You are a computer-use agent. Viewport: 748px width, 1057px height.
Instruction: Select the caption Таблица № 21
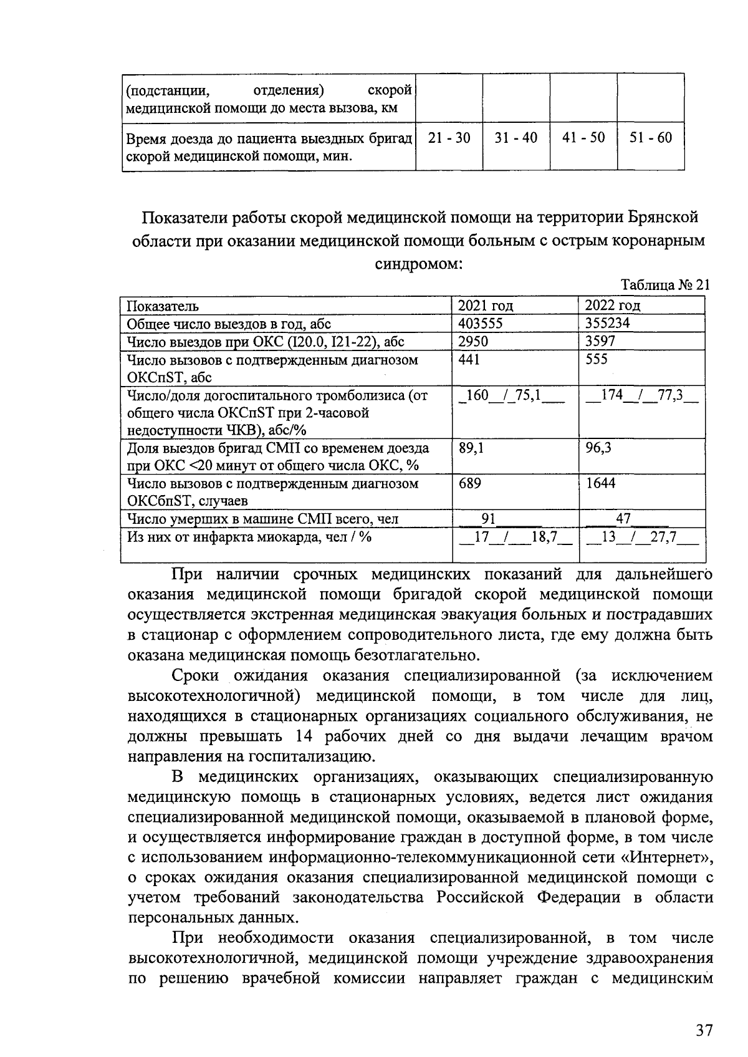[x=666, y=285]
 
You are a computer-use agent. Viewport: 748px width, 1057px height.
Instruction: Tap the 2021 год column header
[x=486, y=306]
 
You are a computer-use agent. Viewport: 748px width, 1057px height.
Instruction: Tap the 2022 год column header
[x=613, y=306]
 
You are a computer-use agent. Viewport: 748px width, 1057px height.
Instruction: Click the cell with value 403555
[x=481, y=323]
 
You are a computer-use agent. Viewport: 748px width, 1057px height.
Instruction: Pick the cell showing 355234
[x=608, y=323]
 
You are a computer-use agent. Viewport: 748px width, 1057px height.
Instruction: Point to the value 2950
[x=473, y=341]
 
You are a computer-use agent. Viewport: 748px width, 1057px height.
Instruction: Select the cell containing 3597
[x=600, y=341]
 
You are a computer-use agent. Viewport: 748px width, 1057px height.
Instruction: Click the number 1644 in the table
[x=600, y=483]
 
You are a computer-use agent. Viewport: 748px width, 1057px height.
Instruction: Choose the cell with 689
[x=469, y=483]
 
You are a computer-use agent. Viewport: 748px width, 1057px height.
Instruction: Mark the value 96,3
[x=598, y=448]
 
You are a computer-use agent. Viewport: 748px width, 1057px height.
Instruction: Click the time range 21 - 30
[x=449, y=138]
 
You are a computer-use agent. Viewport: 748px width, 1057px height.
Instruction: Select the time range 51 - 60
[x=651, y=138]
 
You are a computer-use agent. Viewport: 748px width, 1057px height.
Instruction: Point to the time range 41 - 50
[x=583, y=138]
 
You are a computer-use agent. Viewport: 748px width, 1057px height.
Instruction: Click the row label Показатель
[x=163, y=306]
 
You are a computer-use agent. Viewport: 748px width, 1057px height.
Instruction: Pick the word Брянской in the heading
[x=662, y=218]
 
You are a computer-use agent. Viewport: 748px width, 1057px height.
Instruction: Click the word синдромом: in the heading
[x=418, y=263]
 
